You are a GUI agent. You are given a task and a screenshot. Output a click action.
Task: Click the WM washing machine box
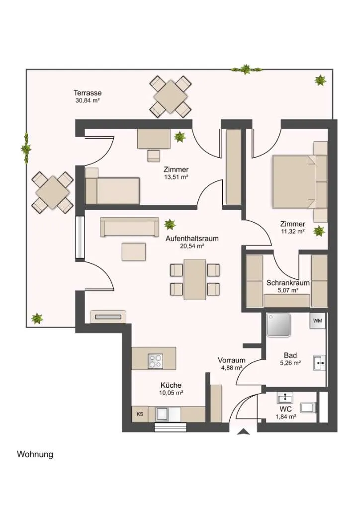tap(317, 321)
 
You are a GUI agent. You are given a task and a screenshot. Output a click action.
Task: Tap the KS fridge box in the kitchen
tap(140, 414)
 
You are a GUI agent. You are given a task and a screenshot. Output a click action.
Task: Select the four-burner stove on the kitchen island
tap(156, 361)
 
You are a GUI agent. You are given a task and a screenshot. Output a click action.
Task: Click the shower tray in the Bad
tap(278, 325)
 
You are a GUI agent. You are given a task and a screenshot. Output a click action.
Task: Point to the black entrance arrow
tap(243, 431)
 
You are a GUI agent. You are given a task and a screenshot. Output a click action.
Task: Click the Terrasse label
tap(88, 93)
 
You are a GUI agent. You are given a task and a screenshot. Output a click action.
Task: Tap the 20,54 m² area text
tap(192, 246)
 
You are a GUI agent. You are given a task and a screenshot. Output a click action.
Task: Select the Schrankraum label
tap(288, 283)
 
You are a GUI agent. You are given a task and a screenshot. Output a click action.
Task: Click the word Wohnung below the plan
tap(35, 454)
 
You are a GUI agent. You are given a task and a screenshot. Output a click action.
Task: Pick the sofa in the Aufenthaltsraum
tap(129, 227)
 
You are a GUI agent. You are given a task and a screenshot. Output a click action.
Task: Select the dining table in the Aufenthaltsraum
tap(195, 279)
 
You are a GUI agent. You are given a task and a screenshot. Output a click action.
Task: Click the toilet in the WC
tap(308, 408)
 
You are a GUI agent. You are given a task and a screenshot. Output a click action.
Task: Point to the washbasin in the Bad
tap(319, 363)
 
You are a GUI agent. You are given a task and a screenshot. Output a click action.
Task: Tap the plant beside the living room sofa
tap(170, 224)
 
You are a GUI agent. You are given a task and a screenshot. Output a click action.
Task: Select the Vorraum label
tap(231, 360)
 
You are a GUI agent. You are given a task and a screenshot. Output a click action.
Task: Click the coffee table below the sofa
tap(134, 252)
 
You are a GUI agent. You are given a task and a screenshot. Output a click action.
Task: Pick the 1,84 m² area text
tap(285, 417)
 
